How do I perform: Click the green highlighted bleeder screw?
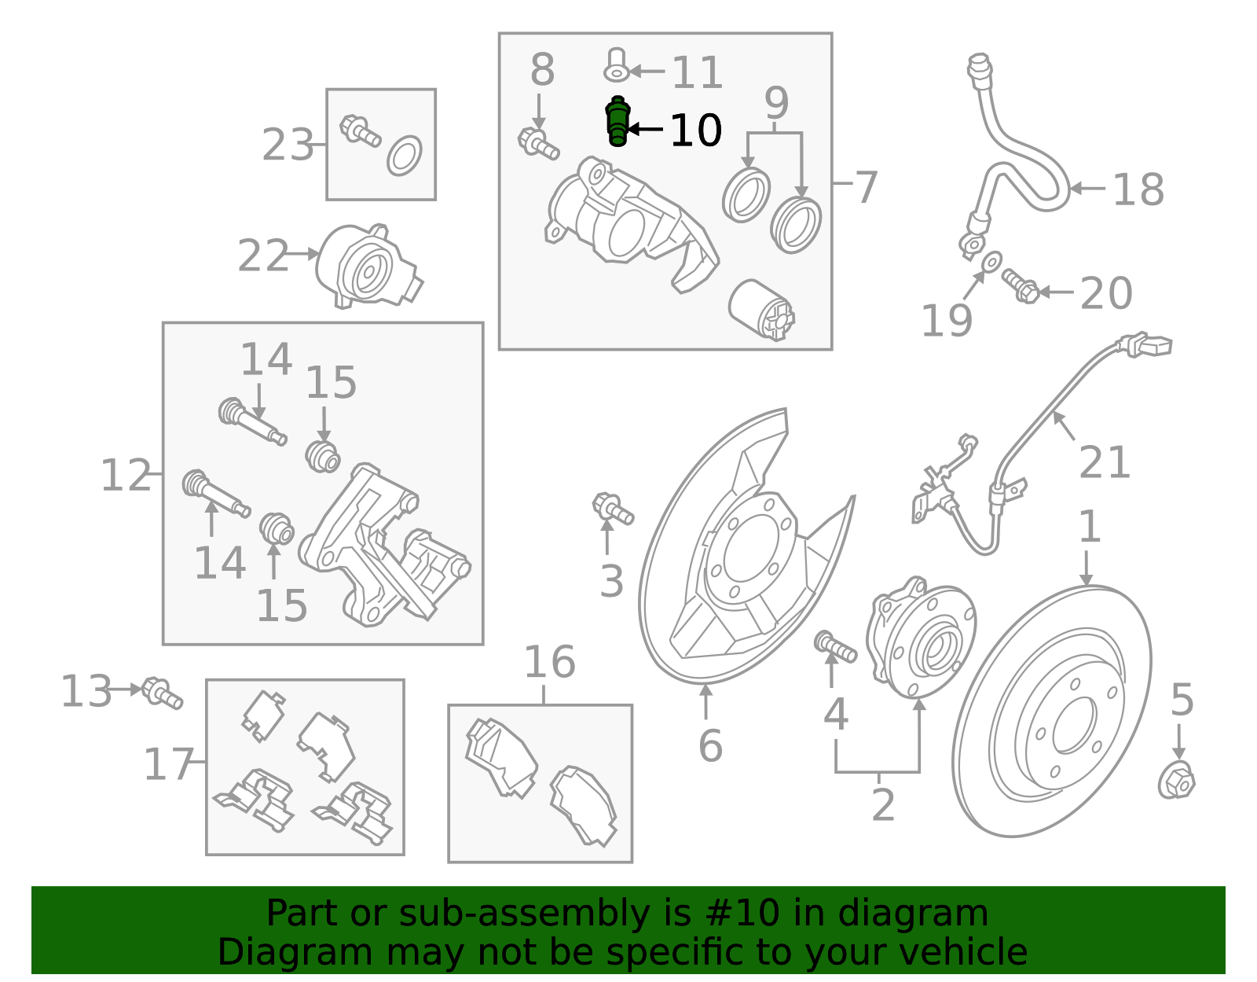pos(618,122)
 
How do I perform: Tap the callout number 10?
pos(695,131)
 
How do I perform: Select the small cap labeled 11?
pos(616,65)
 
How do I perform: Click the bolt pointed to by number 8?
pos(538,143)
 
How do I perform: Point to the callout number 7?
pos(865,187)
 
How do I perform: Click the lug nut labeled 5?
pos(1176,782)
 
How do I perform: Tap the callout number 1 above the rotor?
pos(1089,527)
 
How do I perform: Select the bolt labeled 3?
pos(612,508)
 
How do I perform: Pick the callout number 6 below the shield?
pos(709,745)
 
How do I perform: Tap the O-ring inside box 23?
pos(405,156)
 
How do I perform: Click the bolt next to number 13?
pos(163,693)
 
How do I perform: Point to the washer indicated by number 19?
pos(992,259)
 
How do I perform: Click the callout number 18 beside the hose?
pos(1138,189)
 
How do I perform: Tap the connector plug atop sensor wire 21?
pos(1149,345)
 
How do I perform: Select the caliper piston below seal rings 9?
pos(760,310)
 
